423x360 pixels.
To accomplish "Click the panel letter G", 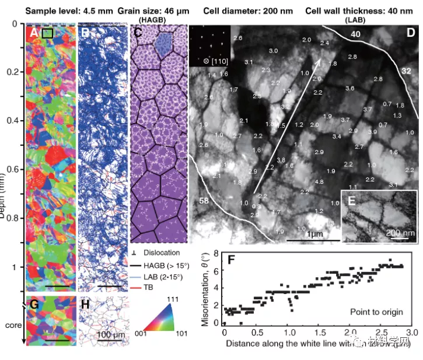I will (34, 305).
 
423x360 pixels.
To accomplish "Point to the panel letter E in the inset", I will (351, 202).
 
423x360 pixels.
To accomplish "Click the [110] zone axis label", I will (214, 61).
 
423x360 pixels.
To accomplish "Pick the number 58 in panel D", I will (204, 201).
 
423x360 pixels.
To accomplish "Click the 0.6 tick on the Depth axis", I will (15, 169).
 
